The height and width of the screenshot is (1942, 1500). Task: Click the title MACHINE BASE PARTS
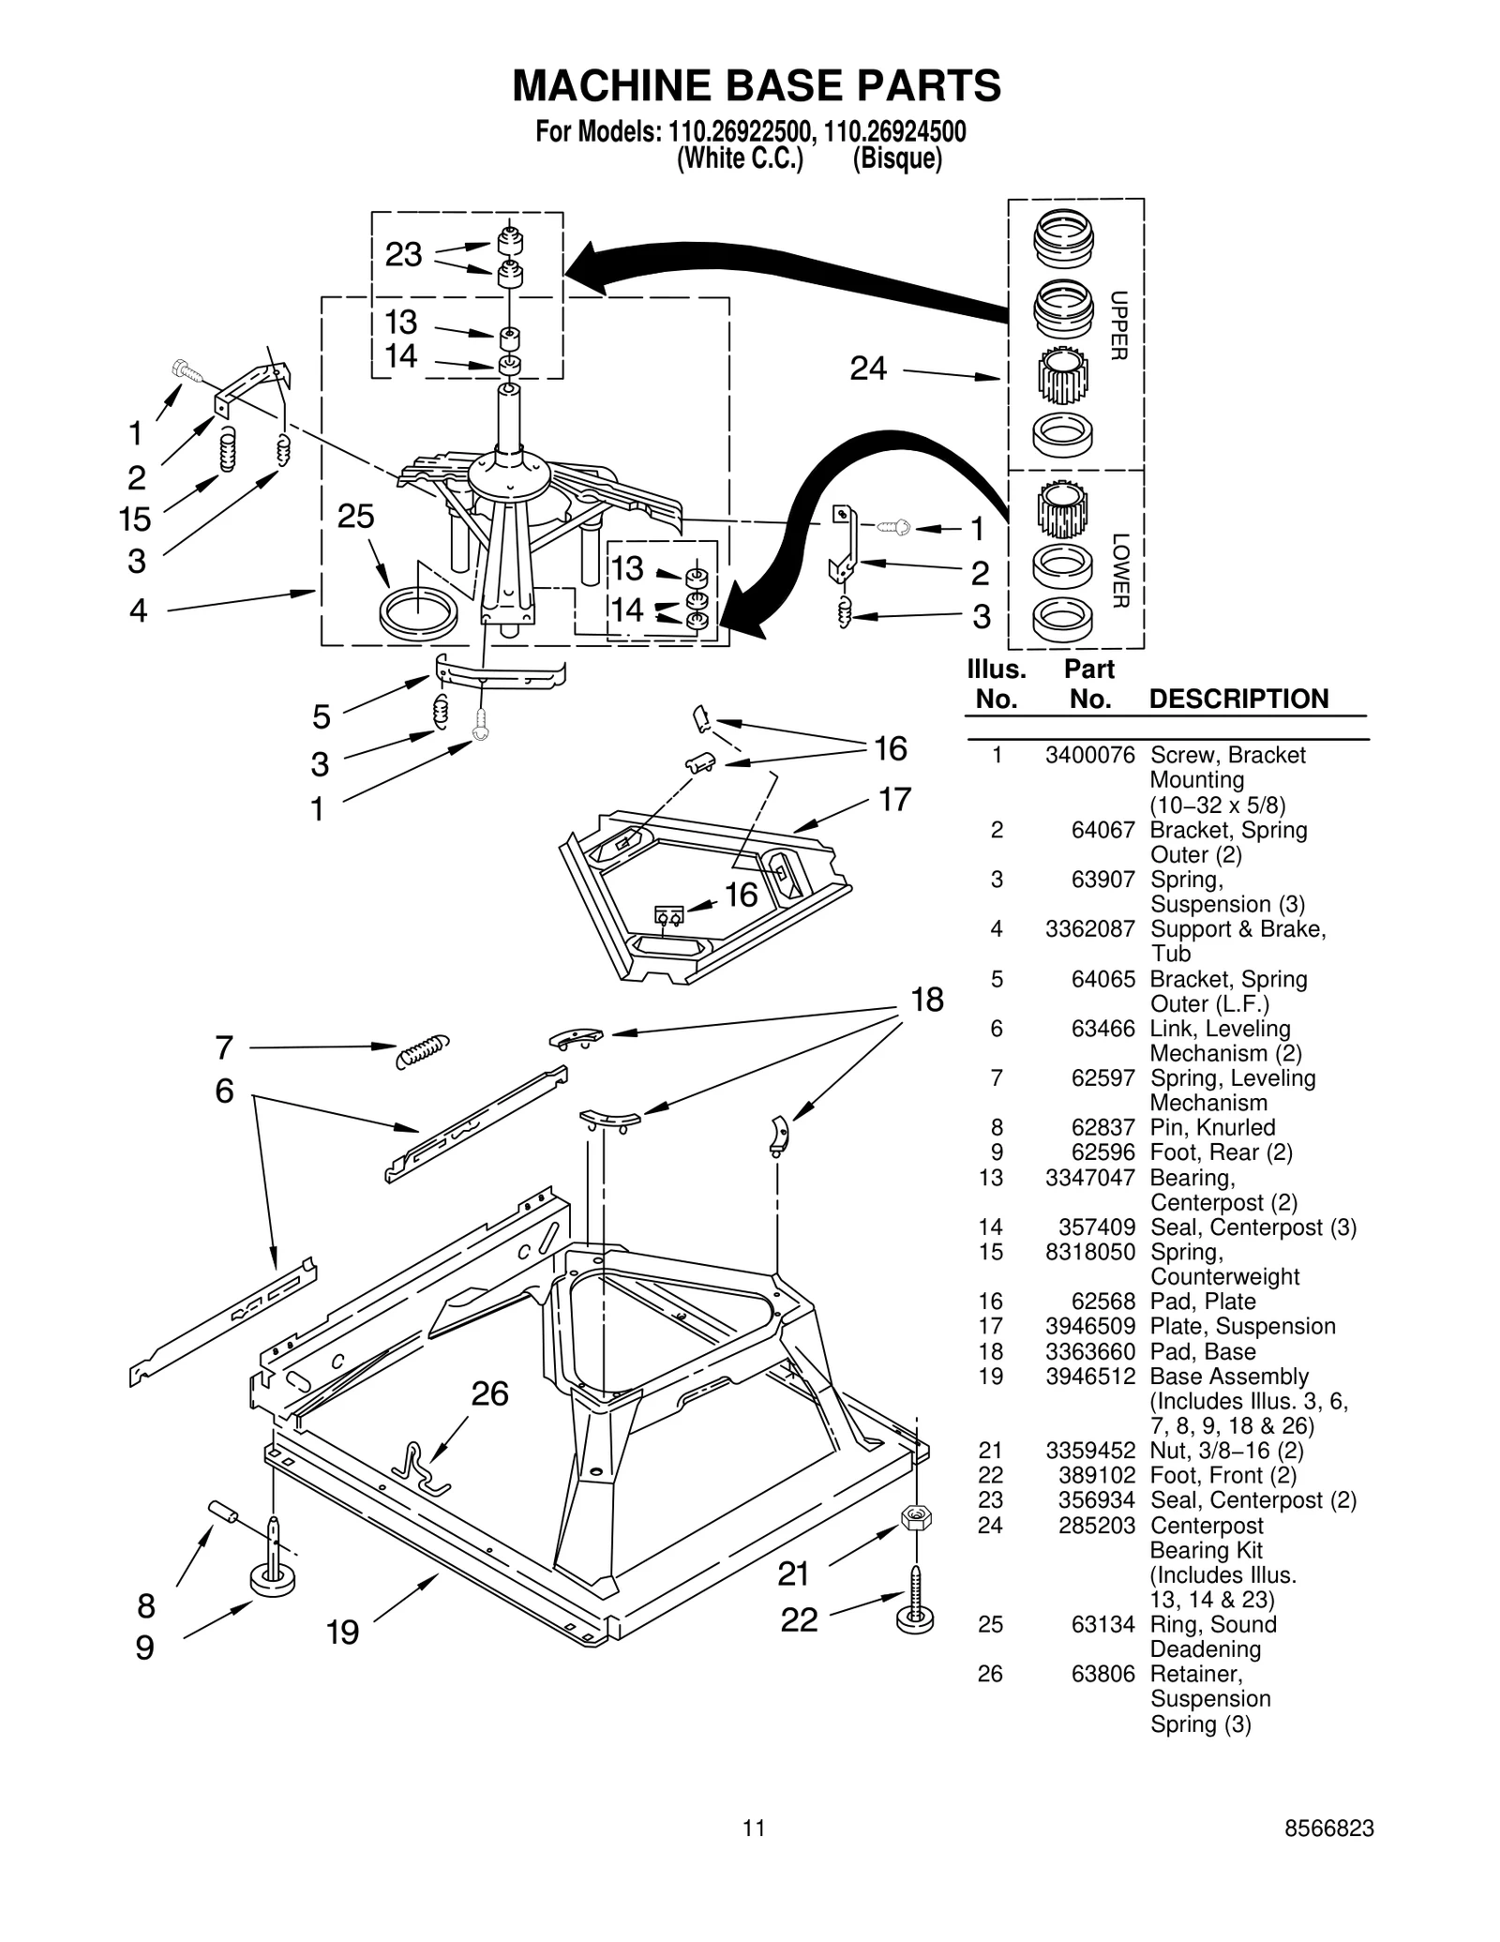coord(756,86)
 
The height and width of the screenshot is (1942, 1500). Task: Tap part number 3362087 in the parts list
coord(1089,928)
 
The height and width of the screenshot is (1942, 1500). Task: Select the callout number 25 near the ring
coord(355,517)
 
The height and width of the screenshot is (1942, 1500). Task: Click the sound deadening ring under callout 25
coord(419,611)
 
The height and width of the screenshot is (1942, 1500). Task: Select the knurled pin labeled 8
coord(223,1511)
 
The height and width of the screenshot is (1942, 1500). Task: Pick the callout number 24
coord(867,369)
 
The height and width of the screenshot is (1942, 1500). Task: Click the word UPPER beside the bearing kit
coord(1118,325)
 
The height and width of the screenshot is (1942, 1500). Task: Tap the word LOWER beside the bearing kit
coord(1119,570)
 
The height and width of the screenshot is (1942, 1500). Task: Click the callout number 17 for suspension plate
coord(894,800)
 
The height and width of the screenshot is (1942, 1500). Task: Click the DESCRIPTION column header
coord(1237,699)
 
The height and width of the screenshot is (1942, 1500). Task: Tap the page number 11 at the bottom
coord(754,1828)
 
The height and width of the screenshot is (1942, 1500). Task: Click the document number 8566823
coord(1328,1828)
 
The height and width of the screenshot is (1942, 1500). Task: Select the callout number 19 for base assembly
coord(342,1633)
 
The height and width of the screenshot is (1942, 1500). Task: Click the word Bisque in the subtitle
coord(896,158)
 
